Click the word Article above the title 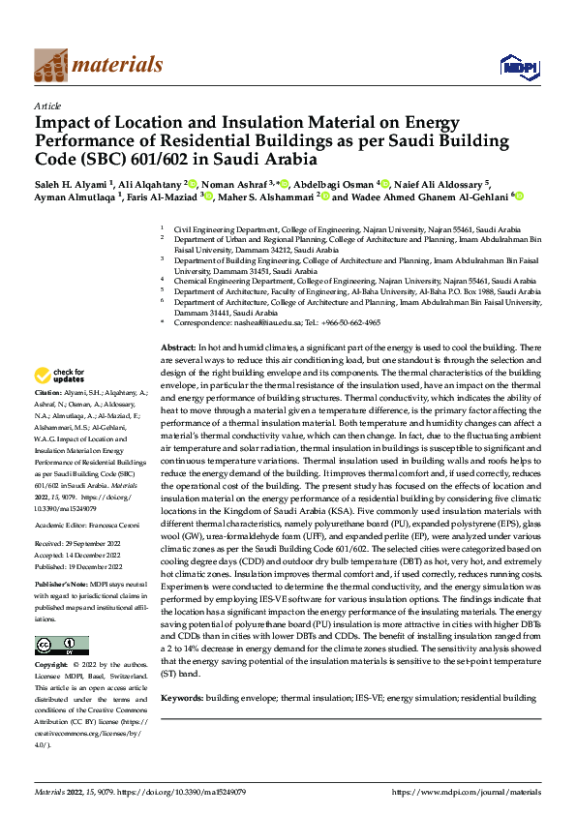click(46, 106)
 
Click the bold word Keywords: click(182, 698)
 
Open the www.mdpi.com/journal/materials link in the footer click(468, 792)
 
